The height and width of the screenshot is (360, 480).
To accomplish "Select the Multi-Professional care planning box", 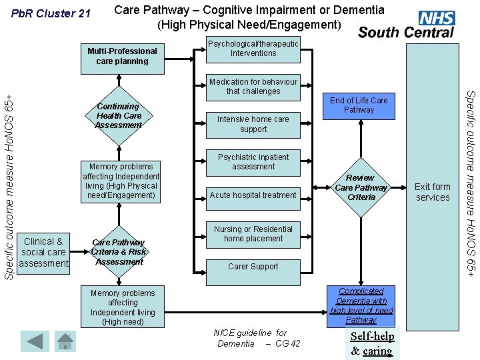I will [122, 56].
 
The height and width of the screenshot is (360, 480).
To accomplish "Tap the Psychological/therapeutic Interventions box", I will [253, 49].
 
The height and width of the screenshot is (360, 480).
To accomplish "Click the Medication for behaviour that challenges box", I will [253, 87].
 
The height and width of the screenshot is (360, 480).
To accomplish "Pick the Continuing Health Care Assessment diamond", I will [118, 115].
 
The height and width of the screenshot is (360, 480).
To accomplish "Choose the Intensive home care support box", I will [253, 124].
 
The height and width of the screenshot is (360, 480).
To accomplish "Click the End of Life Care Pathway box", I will [359, 105].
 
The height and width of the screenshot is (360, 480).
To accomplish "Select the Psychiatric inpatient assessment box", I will [253, 162].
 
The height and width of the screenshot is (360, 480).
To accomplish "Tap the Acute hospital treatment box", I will [253, 195].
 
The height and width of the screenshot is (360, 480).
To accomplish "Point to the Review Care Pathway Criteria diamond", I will [361, 187].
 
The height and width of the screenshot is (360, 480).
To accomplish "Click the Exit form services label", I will [433, 192].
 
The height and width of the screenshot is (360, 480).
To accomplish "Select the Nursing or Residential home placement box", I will [253, 234].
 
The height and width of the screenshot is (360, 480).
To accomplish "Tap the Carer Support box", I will [253, 266].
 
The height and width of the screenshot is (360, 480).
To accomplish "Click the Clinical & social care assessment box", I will [43, 252].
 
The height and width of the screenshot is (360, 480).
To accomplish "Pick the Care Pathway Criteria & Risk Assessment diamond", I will [118, 252].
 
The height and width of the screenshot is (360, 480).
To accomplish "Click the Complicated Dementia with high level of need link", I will [361, 305].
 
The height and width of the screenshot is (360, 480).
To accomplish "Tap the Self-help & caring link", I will [372, 344].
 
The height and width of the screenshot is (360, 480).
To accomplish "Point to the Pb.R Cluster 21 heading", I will [51, 13].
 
